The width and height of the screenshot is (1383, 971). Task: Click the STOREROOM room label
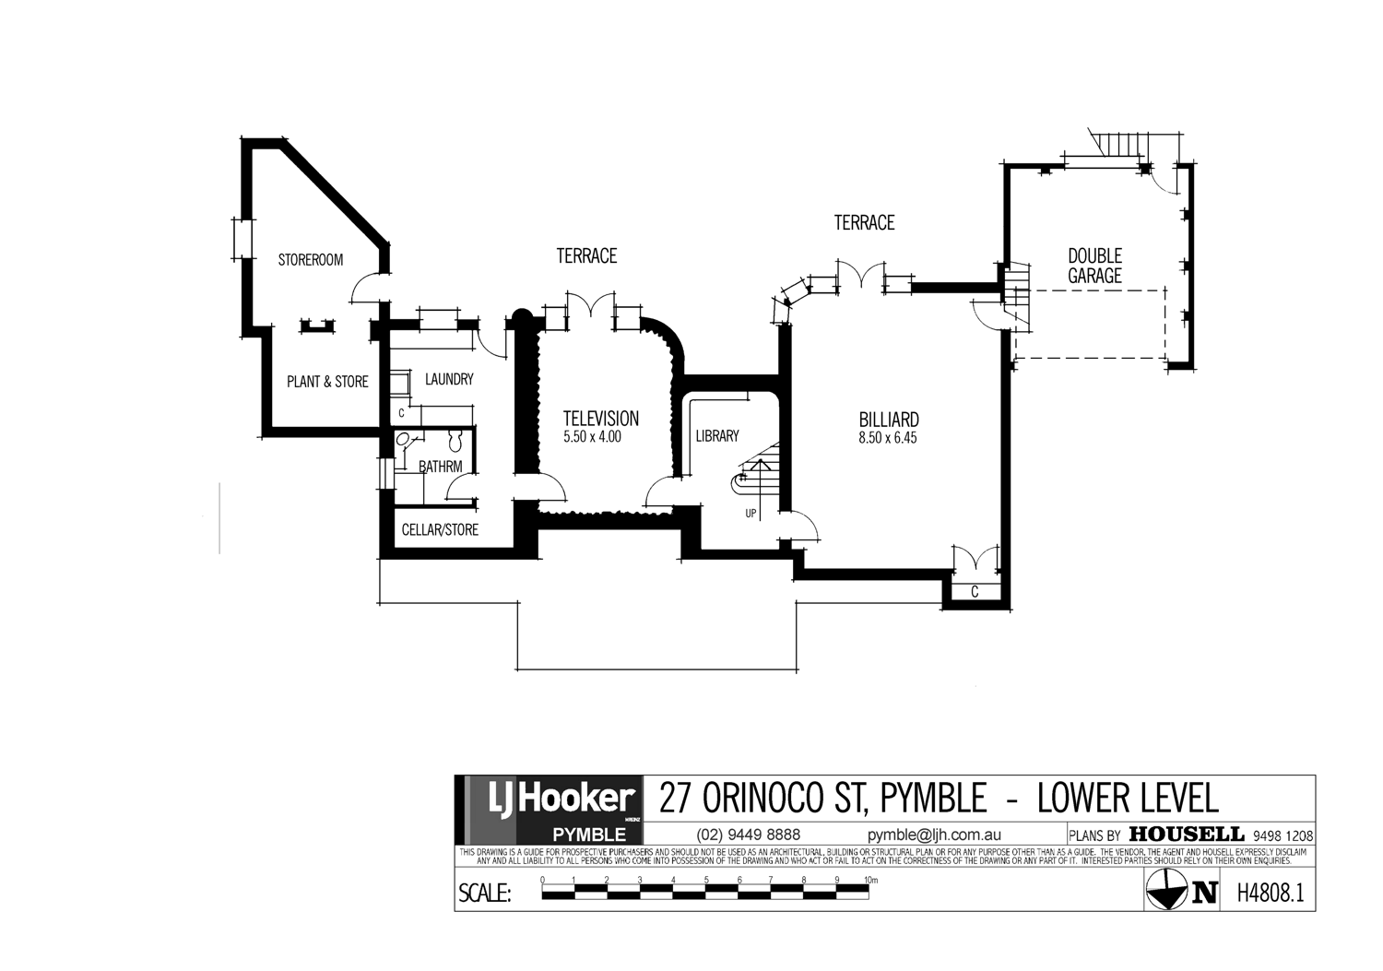point(311,260)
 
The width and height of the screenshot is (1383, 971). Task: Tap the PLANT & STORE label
point(327,382)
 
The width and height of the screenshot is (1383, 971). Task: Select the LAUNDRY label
point(449,379)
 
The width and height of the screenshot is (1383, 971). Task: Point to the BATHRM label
point(441,467)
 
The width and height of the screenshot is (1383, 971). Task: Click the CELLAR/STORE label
point(440,530)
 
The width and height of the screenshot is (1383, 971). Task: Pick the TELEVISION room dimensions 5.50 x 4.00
point(592,437)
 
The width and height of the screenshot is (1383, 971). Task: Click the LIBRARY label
point(717,436)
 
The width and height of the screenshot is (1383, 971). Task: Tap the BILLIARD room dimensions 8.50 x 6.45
point(887,438)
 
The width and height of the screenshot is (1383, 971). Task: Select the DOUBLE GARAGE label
point(1094,266)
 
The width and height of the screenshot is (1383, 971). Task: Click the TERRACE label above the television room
point(586,255)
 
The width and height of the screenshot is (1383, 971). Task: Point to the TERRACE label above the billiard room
point(864,222)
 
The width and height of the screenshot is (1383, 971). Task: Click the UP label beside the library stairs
point(751,513)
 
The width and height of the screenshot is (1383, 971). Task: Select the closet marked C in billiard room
point(975,592)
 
